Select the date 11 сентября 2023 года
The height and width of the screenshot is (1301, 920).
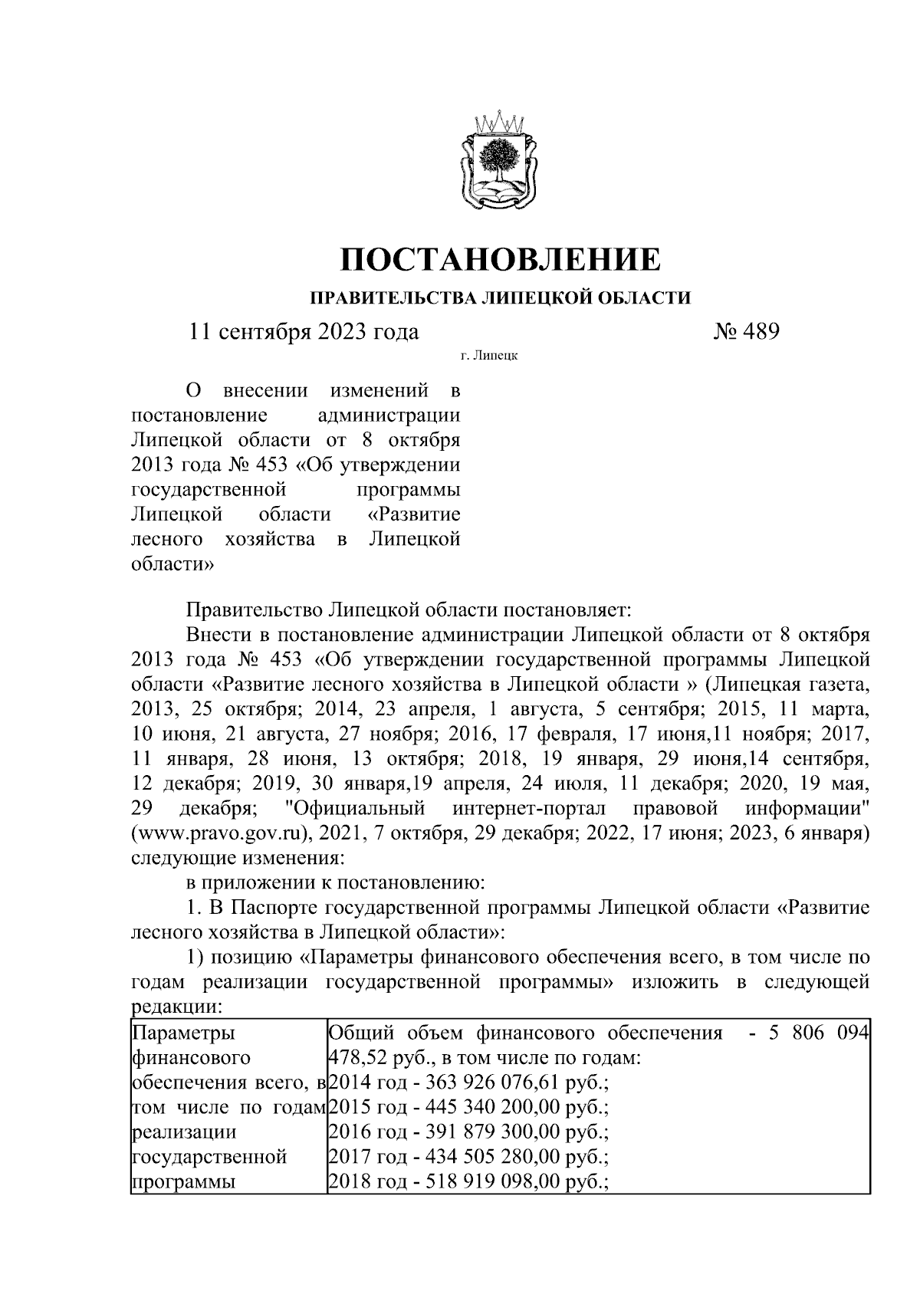coord(304,331)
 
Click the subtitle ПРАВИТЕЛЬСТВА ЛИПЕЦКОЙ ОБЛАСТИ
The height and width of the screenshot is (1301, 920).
coord(500,297)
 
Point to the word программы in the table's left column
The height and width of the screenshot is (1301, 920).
coord(183,1181)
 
